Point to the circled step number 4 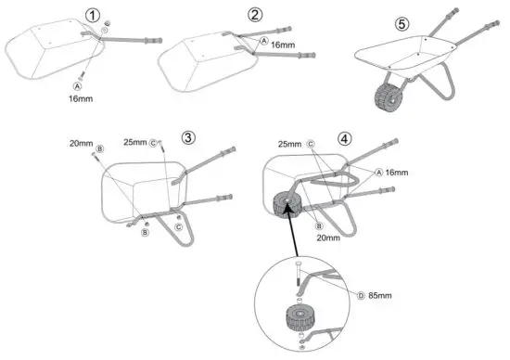click(x=346, y=142)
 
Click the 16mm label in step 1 click(x=81, y=94)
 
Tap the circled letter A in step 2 click(x=263, y=43)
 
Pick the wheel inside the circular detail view click(x=302, y=321)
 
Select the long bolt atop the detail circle click(x=299, y=276)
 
